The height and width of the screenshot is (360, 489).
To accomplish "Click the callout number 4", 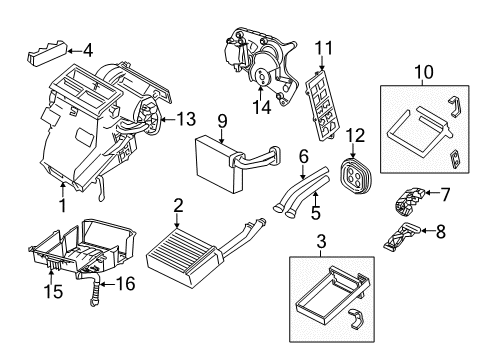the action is coord(88,51).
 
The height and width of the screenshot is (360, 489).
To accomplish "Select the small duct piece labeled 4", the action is coord(46,53).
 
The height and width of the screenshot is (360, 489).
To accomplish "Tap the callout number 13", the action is coord(186,119).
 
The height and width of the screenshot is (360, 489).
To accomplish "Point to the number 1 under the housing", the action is coord(62,205).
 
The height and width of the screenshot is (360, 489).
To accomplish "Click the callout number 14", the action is coord(261,107).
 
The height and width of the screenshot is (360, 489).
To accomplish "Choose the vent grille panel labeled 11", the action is coord(323,106).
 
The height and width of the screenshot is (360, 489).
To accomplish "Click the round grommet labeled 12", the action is coord(356,175).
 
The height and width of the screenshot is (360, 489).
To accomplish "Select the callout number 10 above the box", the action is coord(424,72).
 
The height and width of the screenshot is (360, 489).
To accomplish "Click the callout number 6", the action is coord(304,157).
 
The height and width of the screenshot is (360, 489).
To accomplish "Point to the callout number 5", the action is coord(316,213).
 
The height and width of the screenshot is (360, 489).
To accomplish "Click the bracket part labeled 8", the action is coord(402,237).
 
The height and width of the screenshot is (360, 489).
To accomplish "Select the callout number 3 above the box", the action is coord(321,242).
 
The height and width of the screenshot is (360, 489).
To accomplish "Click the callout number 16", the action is coord(125,284).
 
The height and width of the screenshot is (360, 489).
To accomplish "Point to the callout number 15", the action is coord(53,291).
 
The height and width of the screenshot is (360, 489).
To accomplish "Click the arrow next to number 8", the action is coord(427,230).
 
